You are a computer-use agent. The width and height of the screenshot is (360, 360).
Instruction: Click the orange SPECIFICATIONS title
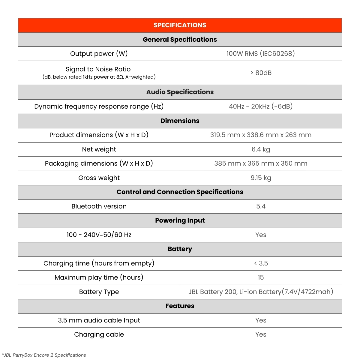click(180, 25)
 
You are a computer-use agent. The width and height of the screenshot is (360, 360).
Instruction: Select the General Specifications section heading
click(180, 40)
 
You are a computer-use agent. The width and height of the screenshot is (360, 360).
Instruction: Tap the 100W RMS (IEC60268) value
click(260, 54)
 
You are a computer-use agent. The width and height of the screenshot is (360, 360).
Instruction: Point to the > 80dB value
click(261, 73)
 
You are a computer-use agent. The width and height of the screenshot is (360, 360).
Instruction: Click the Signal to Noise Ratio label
click(98, 69)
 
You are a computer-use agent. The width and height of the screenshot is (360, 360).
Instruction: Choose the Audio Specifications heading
click(180, 92)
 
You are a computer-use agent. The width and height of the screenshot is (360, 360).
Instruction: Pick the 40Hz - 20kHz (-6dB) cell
click(260, 106)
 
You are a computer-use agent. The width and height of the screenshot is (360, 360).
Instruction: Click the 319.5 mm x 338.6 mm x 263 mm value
click(260, 135)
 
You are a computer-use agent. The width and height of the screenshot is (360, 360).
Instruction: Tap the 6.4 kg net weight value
click(260, 149)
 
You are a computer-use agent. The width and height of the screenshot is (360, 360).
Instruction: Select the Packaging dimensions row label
click(99, 163)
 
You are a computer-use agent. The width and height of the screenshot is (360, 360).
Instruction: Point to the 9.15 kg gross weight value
click(260, 178)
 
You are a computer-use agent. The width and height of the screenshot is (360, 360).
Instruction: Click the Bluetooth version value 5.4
click(260, 206)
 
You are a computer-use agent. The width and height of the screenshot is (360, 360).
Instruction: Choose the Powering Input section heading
click(180, 220)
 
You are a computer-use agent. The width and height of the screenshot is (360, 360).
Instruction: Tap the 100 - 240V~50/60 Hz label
click(99, 235)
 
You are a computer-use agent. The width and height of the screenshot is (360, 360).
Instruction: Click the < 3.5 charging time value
click(260, 263)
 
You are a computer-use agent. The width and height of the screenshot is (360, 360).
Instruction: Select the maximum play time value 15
click(260, 277)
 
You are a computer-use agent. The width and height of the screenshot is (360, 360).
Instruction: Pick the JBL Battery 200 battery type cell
click(260, 292)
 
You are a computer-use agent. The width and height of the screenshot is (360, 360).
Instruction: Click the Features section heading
click(180, 306)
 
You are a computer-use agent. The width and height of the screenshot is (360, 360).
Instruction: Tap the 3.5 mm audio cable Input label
click(99, 320)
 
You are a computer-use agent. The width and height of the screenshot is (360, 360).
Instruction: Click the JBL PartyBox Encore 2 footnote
click(44, 355)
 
